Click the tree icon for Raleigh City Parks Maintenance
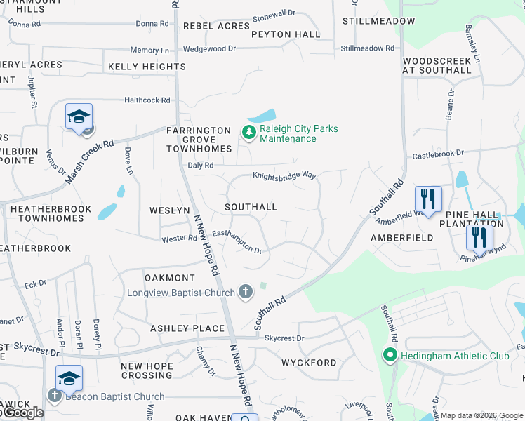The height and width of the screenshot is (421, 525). [248, 132]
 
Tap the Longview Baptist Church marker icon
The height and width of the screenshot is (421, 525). [245, 291]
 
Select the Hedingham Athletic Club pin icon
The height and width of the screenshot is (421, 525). [391, 356]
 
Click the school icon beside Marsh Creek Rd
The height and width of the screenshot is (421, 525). [79, 117]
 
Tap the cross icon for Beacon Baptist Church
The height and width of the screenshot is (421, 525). [55, 396]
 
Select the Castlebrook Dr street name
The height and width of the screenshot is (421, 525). [438, 153]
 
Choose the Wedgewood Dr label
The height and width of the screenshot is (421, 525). [209, 49]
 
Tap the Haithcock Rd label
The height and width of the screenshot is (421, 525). [147, 100]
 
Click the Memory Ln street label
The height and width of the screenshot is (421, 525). [149, 51]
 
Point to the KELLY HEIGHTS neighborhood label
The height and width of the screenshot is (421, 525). [147, 67]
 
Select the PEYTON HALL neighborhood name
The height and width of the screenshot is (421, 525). [285, 34]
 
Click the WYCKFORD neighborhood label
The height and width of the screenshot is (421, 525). [309, 363]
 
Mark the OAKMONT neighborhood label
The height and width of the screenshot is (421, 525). [169, 279]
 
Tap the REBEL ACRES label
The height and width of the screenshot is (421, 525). [216, 26]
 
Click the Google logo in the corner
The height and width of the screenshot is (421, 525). [22, 413]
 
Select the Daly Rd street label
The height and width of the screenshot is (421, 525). [201, 165]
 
